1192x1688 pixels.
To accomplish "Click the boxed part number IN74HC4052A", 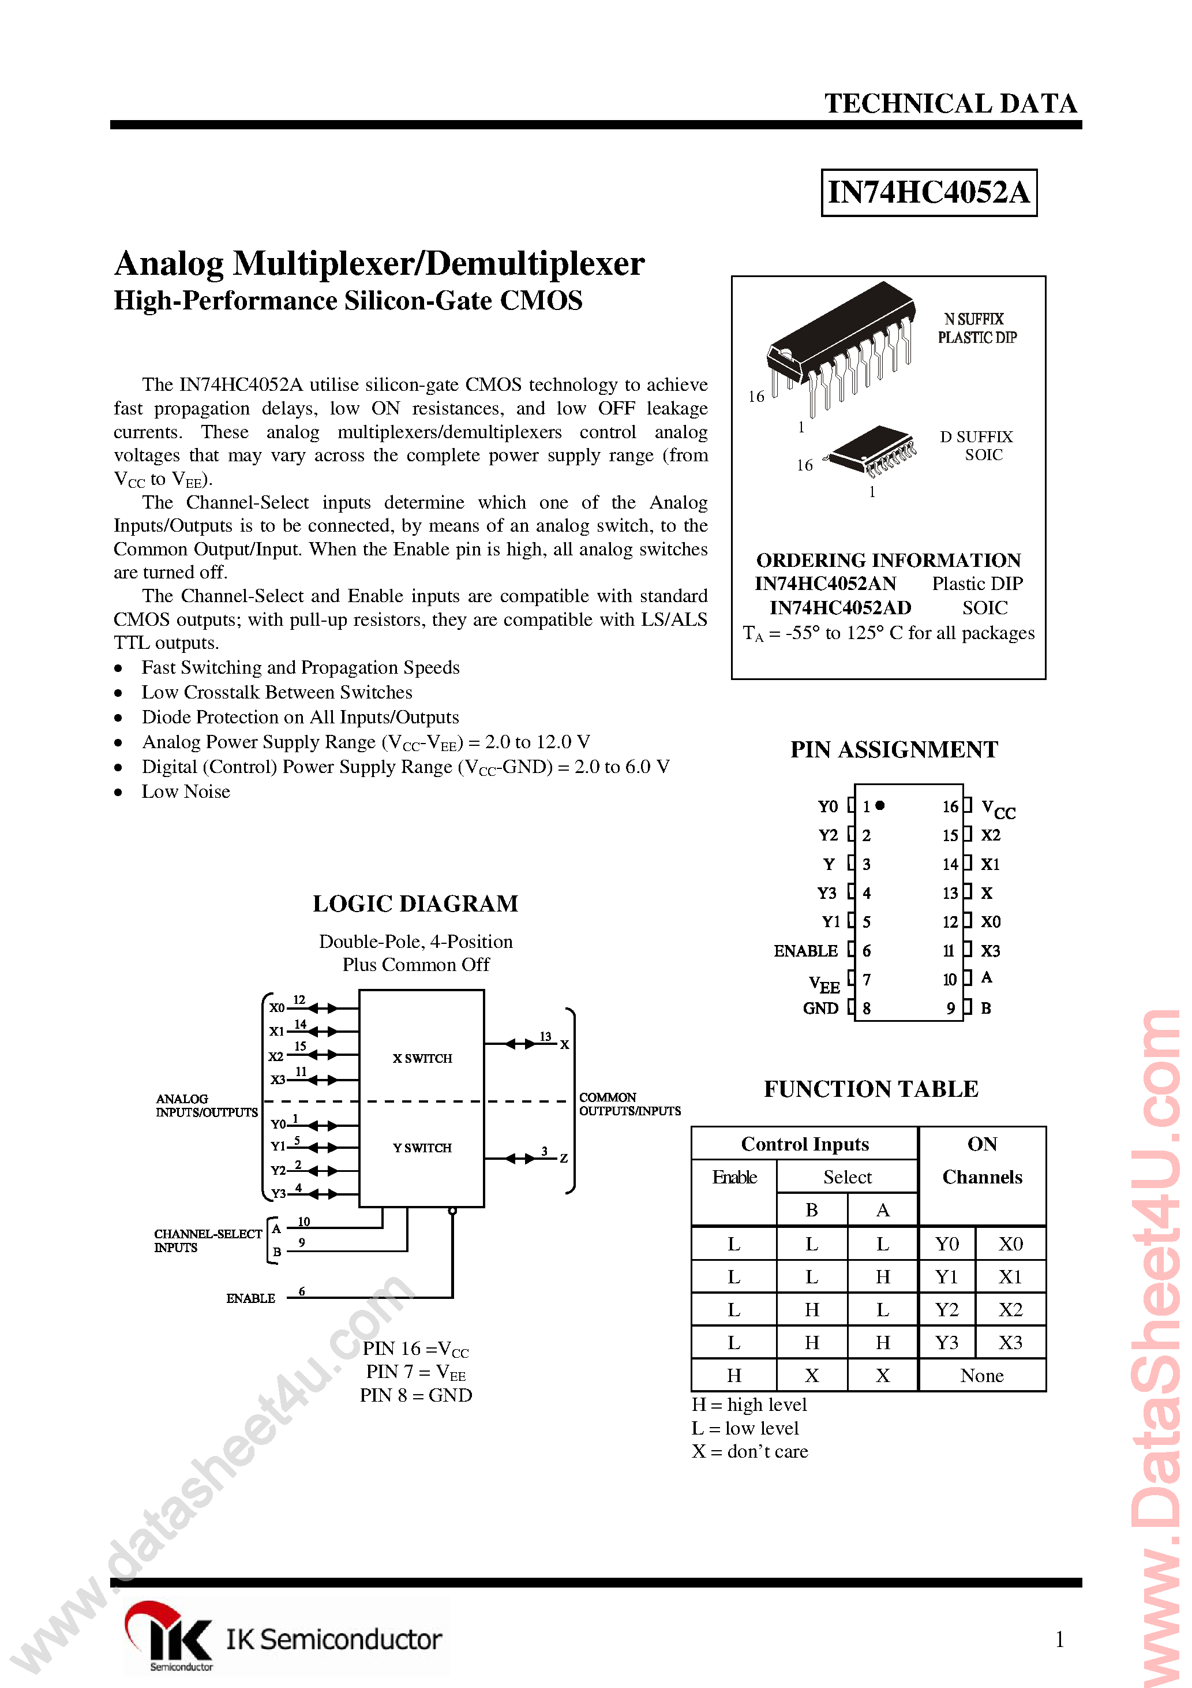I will pos(928,193).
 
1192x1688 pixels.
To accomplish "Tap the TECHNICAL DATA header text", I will pos(950,104).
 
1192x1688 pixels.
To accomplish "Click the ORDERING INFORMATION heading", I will pos(888,560).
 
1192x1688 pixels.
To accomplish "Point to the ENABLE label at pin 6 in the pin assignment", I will pos(805,951).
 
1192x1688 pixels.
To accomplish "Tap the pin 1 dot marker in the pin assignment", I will pos(880,806).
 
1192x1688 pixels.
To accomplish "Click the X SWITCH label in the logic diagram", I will pos(422,1059).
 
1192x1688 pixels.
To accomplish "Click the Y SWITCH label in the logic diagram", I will pos(422,1148).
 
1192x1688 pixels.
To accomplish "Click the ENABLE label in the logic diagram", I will pos(250,1298).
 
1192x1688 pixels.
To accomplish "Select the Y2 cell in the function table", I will pos(947,1310).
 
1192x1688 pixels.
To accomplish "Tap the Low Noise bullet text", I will pos(185,792).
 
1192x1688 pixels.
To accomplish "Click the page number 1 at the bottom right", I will pos(1059,1640).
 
